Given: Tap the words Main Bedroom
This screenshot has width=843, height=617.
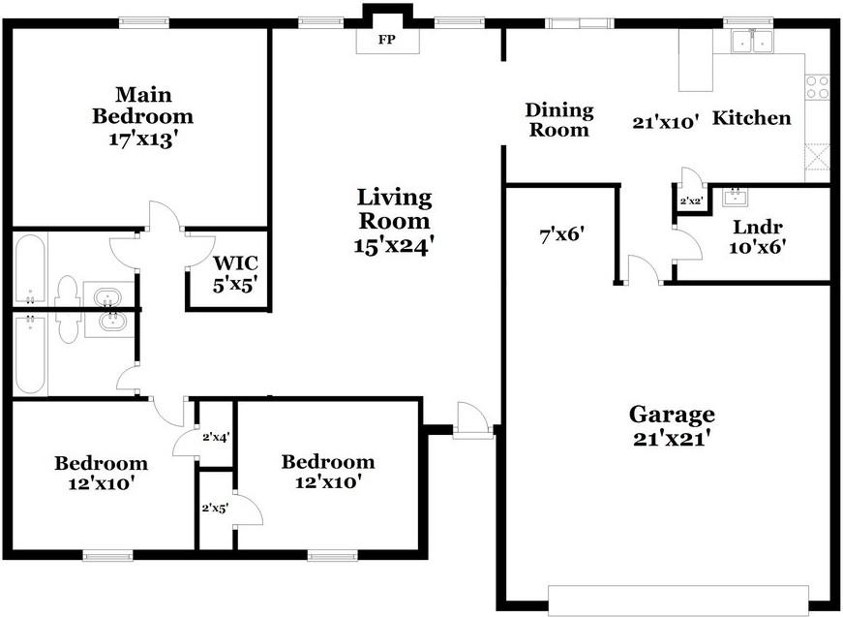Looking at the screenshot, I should pyautogui.click(x=142, y=106).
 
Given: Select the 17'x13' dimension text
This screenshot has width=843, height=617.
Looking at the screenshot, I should pyautogui.click(x=142, y=138).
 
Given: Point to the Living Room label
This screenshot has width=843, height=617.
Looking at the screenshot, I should pyautogui.click(x=392, y=208).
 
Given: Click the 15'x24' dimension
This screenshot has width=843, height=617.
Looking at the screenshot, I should pyautogui.click(x=392, y=245).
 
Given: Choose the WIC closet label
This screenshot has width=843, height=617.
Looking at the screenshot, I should pyautogui.click(x=235, y=262).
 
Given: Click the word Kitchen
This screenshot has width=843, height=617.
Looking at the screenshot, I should pyautogui.click(x=752, y=118).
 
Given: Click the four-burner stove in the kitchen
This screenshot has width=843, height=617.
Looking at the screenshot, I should pyautogui.click(x=818, y=87).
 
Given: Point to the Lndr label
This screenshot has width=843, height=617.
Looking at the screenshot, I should pyautogui.click(x=758, y=228).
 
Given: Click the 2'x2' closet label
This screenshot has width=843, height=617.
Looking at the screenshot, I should pyautogui.click(x=690, y=201).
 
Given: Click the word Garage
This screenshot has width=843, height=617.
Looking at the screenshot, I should pyautogui.click(x=672, y=415).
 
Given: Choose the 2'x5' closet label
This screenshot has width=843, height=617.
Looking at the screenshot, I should pyautogui.click(x=214, y=507).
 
